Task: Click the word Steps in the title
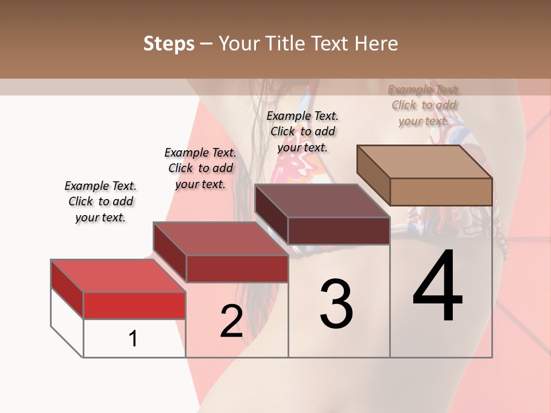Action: [168, 44]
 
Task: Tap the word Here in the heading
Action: [375, 44]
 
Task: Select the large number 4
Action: [437, 287]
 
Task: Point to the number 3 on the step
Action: [336, 304]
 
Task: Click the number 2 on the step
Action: [231, 321]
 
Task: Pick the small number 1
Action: [133, 339]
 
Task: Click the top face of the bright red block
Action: [118, 275]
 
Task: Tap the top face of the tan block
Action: [425, 161]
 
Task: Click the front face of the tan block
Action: [441, 192]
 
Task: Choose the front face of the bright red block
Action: [134, 305]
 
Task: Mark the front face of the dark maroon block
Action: [339, 231]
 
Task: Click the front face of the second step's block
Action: [236, 268]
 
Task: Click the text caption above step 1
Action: [100, 201]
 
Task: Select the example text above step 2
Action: [200, 168]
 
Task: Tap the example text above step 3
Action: [302, 131]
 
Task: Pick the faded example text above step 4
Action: [424, 105]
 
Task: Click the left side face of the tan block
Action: [373, 176]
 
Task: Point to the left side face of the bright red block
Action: [67, 289]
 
